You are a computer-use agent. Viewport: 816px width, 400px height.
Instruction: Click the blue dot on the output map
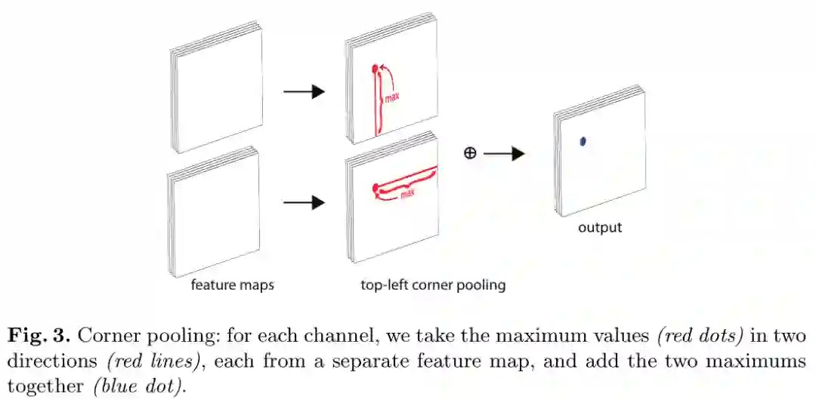point(583,141)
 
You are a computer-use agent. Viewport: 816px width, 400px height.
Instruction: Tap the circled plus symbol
point(469,153)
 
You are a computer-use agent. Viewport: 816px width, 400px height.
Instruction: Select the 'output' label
point(600,227)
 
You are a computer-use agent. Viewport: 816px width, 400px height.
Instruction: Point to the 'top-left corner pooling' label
point(433,285)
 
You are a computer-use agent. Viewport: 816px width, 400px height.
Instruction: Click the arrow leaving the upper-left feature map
point(304,92)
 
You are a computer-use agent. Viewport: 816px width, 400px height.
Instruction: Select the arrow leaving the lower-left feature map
point(304,202)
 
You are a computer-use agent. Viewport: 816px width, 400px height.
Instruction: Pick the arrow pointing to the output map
point(504,153)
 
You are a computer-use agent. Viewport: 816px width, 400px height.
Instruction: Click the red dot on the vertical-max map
point(375,71)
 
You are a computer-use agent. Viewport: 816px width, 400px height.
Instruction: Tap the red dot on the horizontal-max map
point(374,187)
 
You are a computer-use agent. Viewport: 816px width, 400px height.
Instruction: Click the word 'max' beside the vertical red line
point(392,99)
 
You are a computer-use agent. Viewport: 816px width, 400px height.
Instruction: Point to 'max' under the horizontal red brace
point(407,194)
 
